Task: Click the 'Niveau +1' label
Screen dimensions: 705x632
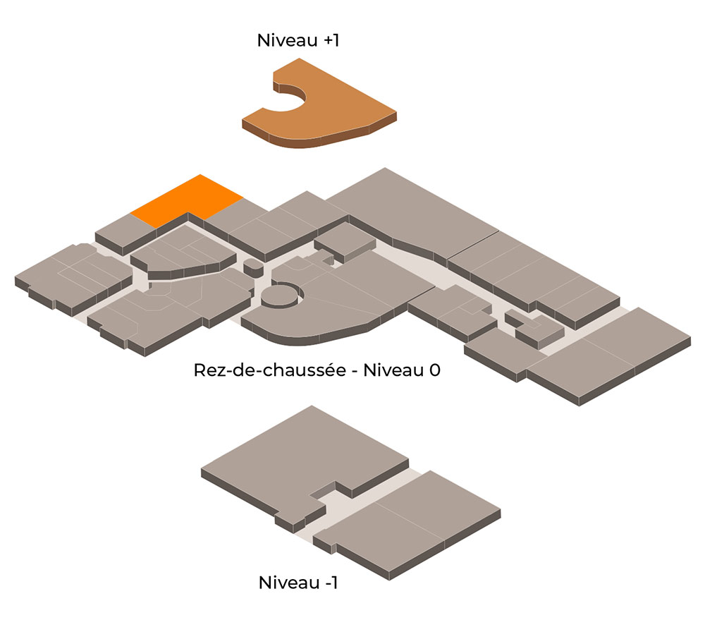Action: click(298, 40)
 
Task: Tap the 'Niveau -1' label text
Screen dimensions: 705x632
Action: click(298, 583)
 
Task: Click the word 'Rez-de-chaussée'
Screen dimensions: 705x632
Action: click(270, 370)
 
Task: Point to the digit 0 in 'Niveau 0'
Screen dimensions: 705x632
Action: click(434, 370)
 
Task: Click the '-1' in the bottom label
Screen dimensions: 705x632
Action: click(330, 583)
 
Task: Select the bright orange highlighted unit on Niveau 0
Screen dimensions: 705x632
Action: click(187, 200)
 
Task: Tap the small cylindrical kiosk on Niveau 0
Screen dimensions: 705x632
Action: click(254, 268)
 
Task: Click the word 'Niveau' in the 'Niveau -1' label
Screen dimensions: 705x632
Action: click(289, 583)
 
